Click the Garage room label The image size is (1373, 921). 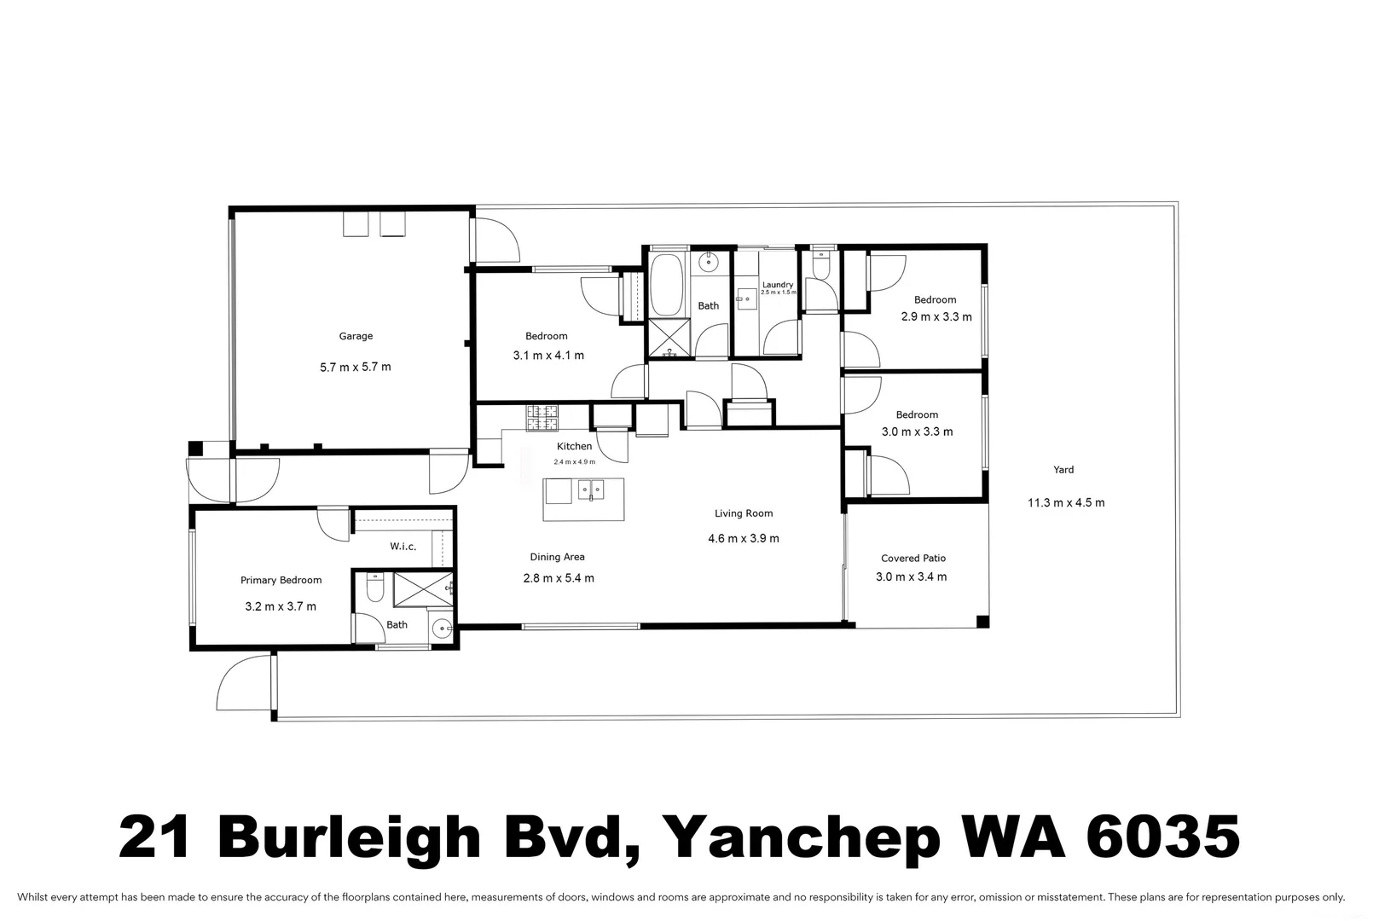(x=356, y=336)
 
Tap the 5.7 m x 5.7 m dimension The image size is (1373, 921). (x=356, y=367)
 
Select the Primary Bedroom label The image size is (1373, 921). (x=281, y=580)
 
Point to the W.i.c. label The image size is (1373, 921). (x=403, y=546)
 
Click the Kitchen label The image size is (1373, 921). (x=574, y=446)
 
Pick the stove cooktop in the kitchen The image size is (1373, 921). (x=542, y=417)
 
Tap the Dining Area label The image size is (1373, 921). (x=557, y=557)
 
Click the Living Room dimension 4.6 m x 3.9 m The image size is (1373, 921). (x=743, y=538)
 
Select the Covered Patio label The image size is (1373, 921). (x=912, y=558)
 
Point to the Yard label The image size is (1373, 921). (x=1063, y=469)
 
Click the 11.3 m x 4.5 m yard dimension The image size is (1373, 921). (x=1065, y=502)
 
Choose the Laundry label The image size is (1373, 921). (x=777, y=285)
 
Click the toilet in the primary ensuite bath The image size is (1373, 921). (x=374, y=588)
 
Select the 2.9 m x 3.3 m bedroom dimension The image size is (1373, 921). (x=936, y=316)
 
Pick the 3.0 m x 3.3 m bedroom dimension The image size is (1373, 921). (x=917, y=432)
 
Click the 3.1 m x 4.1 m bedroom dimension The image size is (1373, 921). (x=547, y=355)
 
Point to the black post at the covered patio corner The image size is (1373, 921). (x=982, y=621)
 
